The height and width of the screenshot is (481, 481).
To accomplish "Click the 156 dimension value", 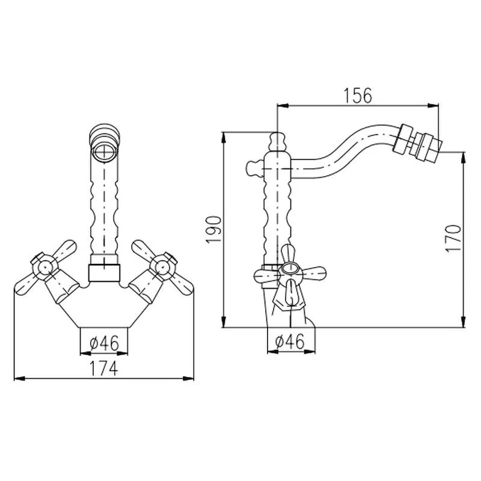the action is (x=358, y=96).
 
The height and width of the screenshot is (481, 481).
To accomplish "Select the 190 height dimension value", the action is (x=213, y=230).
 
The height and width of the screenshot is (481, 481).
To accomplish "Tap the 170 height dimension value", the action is (x=453, y=239).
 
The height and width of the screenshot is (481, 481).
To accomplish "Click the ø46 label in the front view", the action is (x=104, y=343).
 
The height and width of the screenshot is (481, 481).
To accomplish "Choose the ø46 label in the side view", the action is (x=290, y=341).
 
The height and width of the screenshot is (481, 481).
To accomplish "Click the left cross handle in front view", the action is (x=45, y=266).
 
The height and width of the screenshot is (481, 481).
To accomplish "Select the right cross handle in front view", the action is (x=162, y=266).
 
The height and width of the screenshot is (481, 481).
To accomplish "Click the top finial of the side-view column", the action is (x=277, y=141).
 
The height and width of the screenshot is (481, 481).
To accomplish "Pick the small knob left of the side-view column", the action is (x=254, y=168).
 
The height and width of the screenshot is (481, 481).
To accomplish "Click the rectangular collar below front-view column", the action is (x=104, y=273).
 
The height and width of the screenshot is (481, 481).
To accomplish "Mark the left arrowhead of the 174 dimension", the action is (x=19, y=379).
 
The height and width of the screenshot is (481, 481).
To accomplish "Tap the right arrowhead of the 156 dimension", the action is (x=434, y=106).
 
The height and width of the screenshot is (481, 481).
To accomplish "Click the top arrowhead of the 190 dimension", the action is (x=224, y=137).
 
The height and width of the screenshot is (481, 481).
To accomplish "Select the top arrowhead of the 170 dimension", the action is (x=464, y=157).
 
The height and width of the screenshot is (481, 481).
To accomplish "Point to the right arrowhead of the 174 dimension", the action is (x=189, y=379).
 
